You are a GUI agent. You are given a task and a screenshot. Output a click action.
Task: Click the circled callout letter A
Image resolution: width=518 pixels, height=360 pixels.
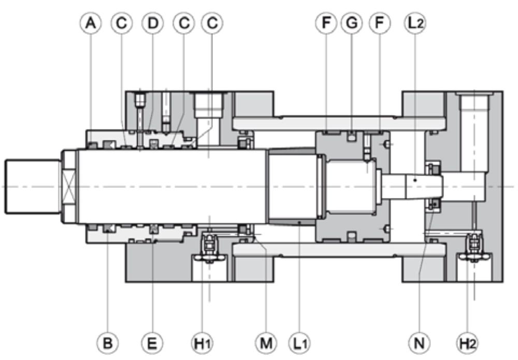(x=91, y=23)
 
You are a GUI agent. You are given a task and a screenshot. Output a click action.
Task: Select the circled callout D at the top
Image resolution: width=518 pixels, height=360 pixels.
(x=153, y=23)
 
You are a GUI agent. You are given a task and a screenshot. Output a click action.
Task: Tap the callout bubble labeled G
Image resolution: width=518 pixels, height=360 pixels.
(x=352, y=23)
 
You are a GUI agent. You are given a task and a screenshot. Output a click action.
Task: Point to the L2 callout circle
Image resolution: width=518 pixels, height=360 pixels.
(x=415, y=23)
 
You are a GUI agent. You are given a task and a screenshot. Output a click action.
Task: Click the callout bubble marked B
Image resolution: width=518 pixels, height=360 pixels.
(x=108, y=343)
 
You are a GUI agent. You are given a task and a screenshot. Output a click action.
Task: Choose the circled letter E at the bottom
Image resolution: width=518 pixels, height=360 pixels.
(x=152, y=343)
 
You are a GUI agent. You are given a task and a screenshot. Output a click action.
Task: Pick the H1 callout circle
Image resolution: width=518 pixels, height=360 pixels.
(x=203, y=343)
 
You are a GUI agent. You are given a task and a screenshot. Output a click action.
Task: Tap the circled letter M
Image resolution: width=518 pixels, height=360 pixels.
(x=266, y=343)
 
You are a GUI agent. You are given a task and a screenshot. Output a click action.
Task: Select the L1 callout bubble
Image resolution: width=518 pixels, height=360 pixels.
(x=299, y=343)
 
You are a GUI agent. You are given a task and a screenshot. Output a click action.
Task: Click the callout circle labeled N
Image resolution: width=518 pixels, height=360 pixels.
(x=419, y=343)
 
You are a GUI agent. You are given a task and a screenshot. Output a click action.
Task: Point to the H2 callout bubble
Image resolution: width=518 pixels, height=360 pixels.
(x=468, y=343)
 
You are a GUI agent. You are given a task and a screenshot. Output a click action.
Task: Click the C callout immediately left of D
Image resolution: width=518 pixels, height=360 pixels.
(x=122, y=23)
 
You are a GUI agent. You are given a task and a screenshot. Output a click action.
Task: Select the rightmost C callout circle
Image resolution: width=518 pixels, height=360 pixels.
(x=212, y=23)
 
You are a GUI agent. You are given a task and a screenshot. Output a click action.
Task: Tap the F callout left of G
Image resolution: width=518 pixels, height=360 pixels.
(x=326, y=23)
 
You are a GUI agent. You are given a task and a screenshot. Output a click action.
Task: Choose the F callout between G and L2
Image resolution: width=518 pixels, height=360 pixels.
(x=380, y=23)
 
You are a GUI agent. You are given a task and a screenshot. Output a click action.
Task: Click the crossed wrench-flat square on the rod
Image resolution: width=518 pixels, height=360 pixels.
(x=69, y=186)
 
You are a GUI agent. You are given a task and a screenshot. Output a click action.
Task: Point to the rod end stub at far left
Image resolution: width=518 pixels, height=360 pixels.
(x=33, y=186)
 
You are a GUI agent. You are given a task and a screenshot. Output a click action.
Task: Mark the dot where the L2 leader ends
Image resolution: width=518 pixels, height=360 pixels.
(x=415, y=180)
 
